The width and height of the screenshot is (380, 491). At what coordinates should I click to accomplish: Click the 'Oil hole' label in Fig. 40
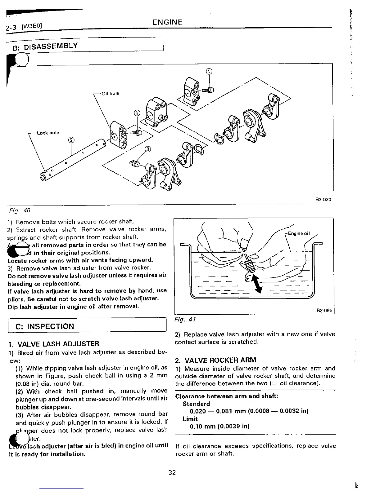pos(110,94)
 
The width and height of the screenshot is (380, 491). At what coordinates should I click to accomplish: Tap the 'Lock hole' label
pos(48,133)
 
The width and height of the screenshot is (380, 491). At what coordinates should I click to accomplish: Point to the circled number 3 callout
pos(148,150)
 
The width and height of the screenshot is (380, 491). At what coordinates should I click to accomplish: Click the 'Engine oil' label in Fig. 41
pos(299,233)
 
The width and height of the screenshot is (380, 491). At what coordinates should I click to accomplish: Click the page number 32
pos(172,472)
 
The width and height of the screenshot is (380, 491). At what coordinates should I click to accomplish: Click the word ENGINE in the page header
pos(167,22)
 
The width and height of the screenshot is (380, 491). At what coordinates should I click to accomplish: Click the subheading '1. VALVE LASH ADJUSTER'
pos(54,344)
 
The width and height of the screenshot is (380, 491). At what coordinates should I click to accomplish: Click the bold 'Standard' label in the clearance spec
pos(196,404)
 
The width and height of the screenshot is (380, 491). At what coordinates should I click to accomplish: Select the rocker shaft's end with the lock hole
pos(46,177)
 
